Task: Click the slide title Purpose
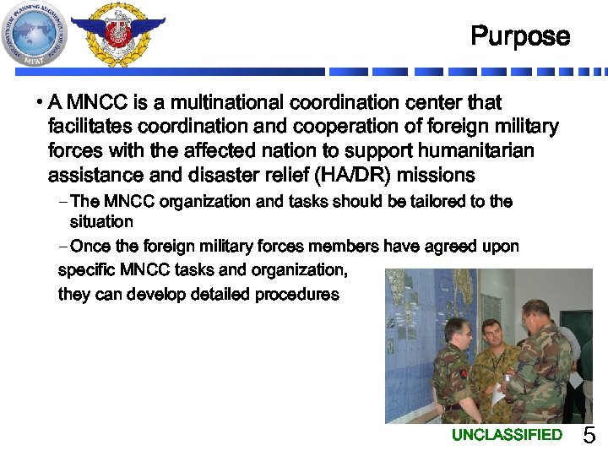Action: click(x=520, y=36)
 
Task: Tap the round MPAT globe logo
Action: click(x=35, y=33)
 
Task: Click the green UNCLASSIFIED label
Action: click(x=507, y=435)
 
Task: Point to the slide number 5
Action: click(x=589, y=437)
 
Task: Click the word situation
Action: click(x=101, y=222)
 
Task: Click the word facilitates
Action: click(x=89, y=128)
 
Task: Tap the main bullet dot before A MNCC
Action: click(x=40, y=104)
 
